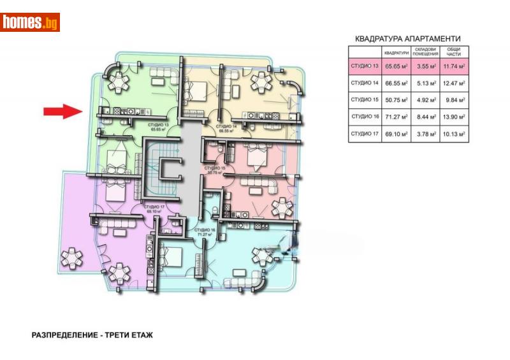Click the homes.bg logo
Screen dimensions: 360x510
(x=30, y=22)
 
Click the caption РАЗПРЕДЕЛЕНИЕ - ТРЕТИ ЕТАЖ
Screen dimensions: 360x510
(x=92, y=335)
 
